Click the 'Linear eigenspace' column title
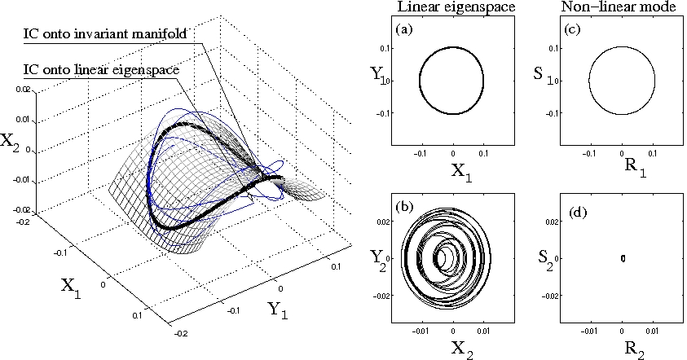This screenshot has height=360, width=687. coord(451,8)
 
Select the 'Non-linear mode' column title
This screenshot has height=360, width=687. coord(616,8)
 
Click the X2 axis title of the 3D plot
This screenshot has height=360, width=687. coord(10,143)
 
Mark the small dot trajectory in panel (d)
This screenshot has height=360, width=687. coord(623,258)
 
